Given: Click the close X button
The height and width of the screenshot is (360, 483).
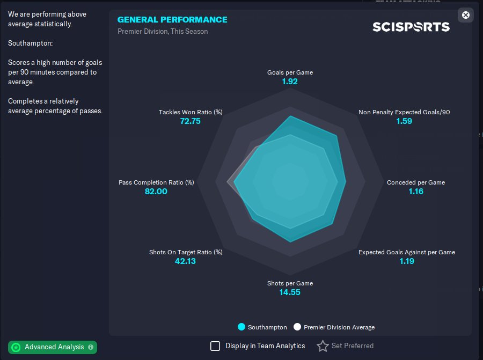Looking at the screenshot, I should click(x=466, y=15).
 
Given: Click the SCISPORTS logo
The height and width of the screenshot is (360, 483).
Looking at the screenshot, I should click(x=411, y=27).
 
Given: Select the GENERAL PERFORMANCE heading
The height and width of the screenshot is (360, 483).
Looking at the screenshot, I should click(x=172, y=20).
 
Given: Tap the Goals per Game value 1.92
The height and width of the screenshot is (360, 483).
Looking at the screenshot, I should click(x=290, y=82).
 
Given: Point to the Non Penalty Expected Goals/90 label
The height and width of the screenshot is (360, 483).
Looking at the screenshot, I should click(x=404, y=112).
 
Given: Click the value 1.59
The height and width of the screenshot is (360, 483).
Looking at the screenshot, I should click(x=404, y=121).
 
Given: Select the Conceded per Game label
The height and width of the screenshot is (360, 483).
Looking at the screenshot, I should click(x=416, y=182).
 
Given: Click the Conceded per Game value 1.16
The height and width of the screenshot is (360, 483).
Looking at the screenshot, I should click(x=416, y=192).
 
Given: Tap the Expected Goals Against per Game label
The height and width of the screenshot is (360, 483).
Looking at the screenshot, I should click(x=407, y=252).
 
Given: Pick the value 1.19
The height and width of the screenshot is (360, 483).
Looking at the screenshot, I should click(x=407, y=261).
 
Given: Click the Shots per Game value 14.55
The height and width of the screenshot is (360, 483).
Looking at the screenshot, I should click(x=290, y=292).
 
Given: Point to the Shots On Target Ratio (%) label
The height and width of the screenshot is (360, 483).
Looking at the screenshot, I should click(x=186, y=252).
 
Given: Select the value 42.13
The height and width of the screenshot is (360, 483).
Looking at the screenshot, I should click(x=186, y=261).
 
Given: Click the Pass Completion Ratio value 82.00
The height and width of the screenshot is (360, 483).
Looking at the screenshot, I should click(x=156, y=192).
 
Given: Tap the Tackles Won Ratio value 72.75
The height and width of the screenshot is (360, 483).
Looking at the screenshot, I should click(x=191, y=121).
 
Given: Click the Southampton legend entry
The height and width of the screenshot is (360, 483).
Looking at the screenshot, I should click(x=262, y=327).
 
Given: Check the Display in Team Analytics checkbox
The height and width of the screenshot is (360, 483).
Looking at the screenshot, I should click(x=215, y=346).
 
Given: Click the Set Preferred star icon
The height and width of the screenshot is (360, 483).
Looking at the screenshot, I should click(x=323, y=346).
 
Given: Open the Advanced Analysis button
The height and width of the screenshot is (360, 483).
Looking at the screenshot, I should click(x=53, y=347).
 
